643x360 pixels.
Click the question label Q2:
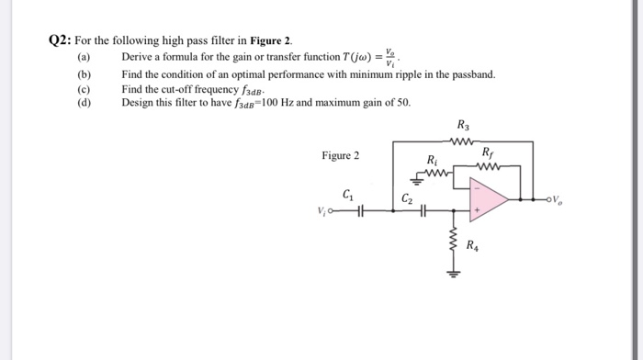click(61, 41)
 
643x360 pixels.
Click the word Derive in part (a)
click(137, 57)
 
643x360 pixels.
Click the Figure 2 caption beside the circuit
click(340, 156)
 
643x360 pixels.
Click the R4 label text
click(471, 246)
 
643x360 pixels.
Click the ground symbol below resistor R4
click(453, 272)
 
